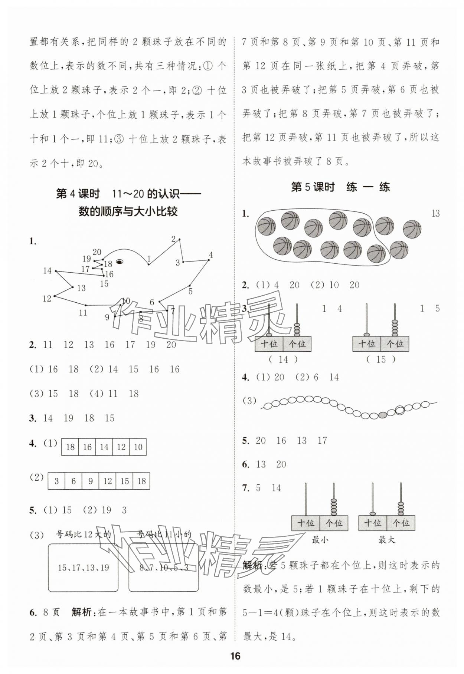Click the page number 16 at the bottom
[235, 656]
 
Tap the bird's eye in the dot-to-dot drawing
[120, 262]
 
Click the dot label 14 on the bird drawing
[47, 271]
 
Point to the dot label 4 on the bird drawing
[210, 255]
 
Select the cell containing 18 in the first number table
[70, 447]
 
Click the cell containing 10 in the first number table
[138, 447]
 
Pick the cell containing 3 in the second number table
[56, 481]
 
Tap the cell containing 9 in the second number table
[91, 481]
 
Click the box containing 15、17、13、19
[84, 568]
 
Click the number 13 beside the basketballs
[435, 213]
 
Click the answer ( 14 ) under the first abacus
[283, 359]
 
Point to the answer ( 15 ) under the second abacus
[381, 359]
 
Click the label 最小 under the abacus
[320, 540]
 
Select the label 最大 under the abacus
[386, 540]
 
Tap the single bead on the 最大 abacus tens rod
[372, 513]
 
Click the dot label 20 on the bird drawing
[97, 252]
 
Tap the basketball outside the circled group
[412, 228]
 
